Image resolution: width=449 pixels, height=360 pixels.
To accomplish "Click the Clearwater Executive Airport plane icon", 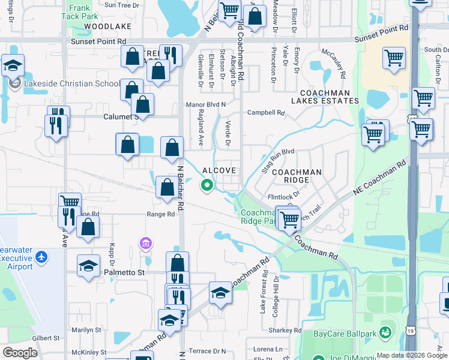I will (41, 257).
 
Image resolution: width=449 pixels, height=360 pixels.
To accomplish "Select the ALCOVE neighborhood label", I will (220, 170).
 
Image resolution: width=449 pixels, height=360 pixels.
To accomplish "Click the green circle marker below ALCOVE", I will (208, 185).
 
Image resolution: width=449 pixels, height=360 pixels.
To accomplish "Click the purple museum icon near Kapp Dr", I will (146, 243).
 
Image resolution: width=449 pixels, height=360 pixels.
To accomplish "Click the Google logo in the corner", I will (20, 352).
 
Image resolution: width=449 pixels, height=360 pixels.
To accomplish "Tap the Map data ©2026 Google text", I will (412, 355).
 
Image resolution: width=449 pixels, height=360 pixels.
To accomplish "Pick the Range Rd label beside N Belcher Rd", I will (160, 214).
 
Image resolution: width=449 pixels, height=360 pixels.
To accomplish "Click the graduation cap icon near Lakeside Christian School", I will (13, 65).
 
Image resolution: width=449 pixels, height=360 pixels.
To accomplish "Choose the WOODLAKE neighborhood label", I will (107, 27).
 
